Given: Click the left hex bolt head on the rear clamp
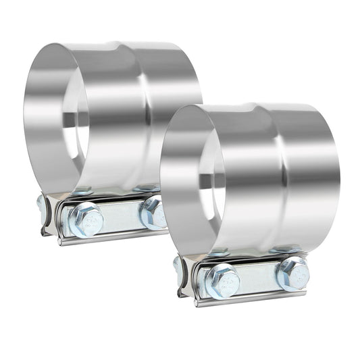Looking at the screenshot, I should point(86,220).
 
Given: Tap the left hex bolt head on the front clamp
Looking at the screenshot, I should point(222,280).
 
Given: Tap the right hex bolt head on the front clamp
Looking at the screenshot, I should point(292,273).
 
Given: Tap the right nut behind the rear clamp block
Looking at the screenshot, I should point(145,188).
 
